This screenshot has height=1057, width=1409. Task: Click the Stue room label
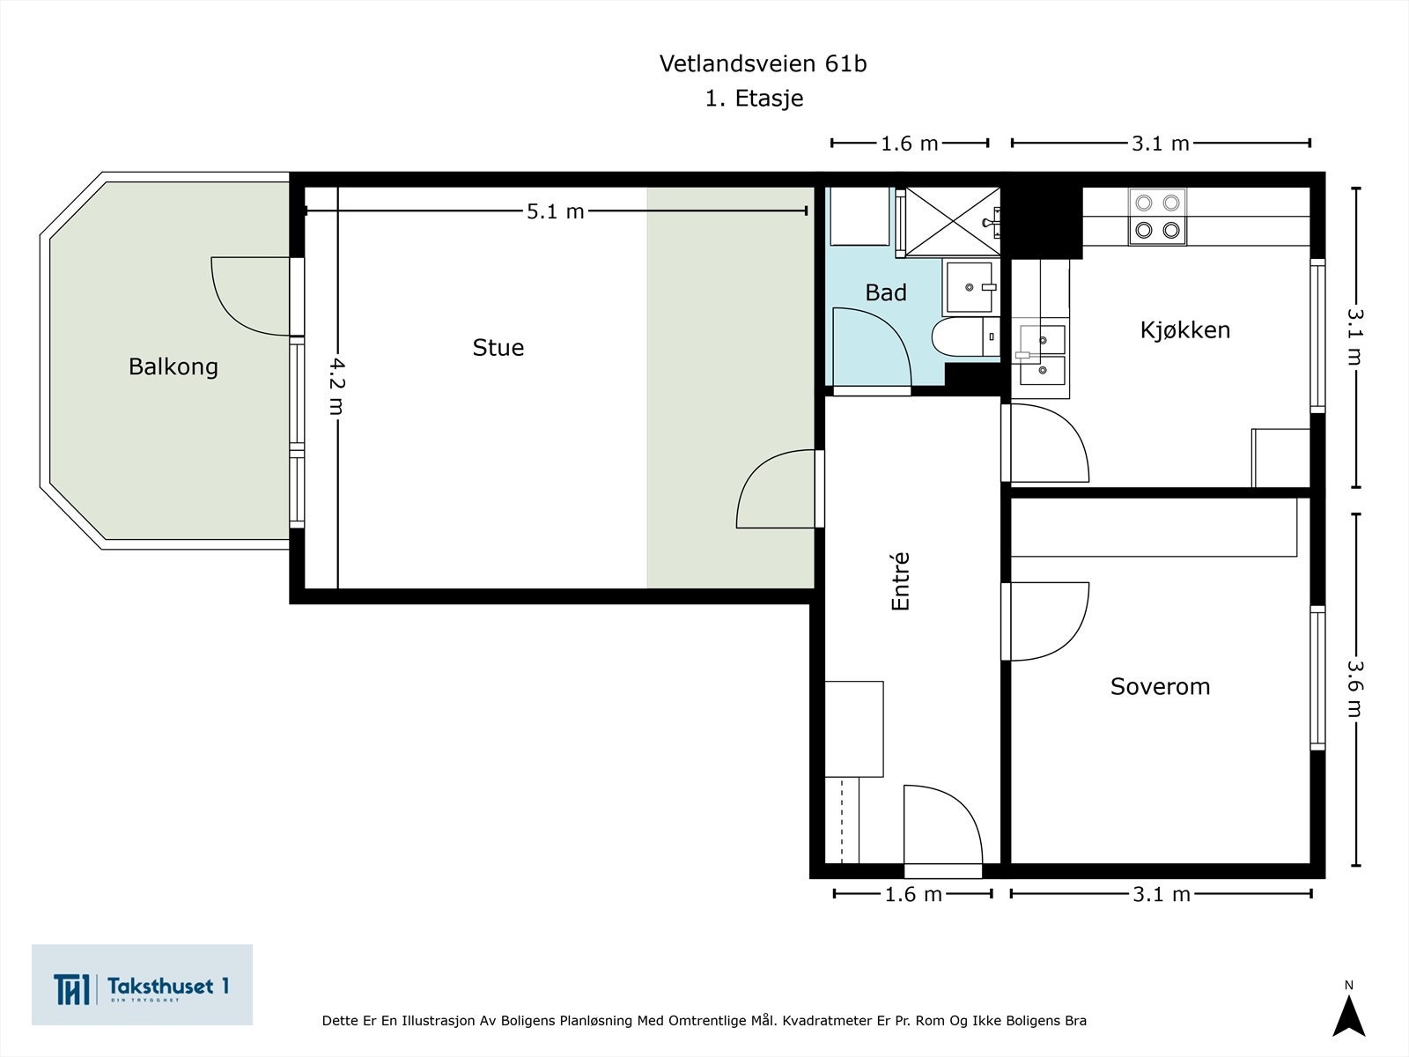point(498,348)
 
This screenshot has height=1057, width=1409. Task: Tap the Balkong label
point(173,366)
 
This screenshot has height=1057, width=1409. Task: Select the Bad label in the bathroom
point(885,292)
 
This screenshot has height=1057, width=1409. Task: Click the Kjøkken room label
point(1184,330)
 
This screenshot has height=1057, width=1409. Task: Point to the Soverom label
point(1160,686)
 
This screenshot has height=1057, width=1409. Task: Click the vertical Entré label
point(900,581)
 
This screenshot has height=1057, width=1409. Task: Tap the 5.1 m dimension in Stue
point(555,211)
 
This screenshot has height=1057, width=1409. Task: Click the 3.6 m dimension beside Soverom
point(1354,689)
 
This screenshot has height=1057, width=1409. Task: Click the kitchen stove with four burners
point(1157,217)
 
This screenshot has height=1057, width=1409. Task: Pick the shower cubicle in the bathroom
point(951,221)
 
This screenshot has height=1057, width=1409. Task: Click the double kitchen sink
point(1043,355)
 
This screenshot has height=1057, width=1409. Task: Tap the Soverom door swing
point(1048,621)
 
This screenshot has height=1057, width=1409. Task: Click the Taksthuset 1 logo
point(142,985)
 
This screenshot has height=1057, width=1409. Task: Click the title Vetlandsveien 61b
point(763,63)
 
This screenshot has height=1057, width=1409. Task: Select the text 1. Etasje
point(754,99)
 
